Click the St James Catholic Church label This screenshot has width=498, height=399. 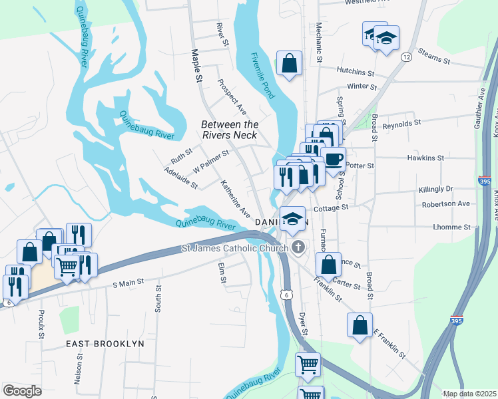click(235, 249)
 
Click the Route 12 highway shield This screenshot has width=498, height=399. click(405, 58)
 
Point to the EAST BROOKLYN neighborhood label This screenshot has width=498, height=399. click(105, 344)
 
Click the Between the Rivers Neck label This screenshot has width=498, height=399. click(230, 130)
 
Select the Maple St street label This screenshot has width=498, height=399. click(196, 65)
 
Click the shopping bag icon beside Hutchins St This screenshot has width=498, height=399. click(290, 64)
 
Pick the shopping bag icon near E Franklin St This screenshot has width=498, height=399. click(360, 326)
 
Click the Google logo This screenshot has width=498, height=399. click(22, 391)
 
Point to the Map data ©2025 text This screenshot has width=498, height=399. click(469, 394)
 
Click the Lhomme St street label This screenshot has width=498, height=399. click(453, 227)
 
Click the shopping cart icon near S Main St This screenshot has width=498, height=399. click(67, 267)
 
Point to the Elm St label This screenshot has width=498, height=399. click(222, 271)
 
